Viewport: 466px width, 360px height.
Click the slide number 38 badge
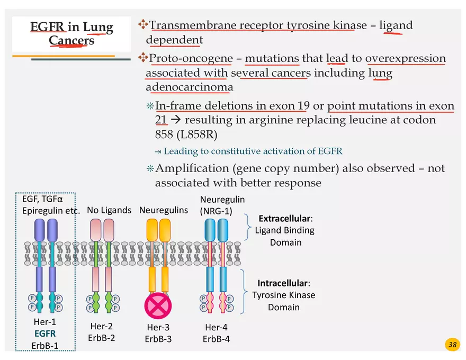(x=452, y=345)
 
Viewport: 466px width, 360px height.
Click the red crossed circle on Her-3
(x=158, y=305)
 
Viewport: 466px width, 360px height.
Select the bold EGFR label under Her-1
(x=44, y=334)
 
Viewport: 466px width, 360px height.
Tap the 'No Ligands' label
(x=109, y=210)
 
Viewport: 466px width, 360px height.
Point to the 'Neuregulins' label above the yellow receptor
(x=164, y=210)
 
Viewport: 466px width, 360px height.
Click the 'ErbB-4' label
(x=216, y=339)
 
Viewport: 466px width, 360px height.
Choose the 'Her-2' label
(x=101, y=326)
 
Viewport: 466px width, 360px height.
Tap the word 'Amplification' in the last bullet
(x=192, y=168)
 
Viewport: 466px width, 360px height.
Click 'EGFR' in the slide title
(x=47, y=27)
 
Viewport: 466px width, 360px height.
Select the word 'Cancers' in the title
(x=71, y=40)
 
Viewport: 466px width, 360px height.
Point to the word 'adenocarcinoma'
(x=189, y=87)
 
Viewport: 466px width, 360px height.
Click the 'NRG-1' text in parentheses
(x=216, y=211)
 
